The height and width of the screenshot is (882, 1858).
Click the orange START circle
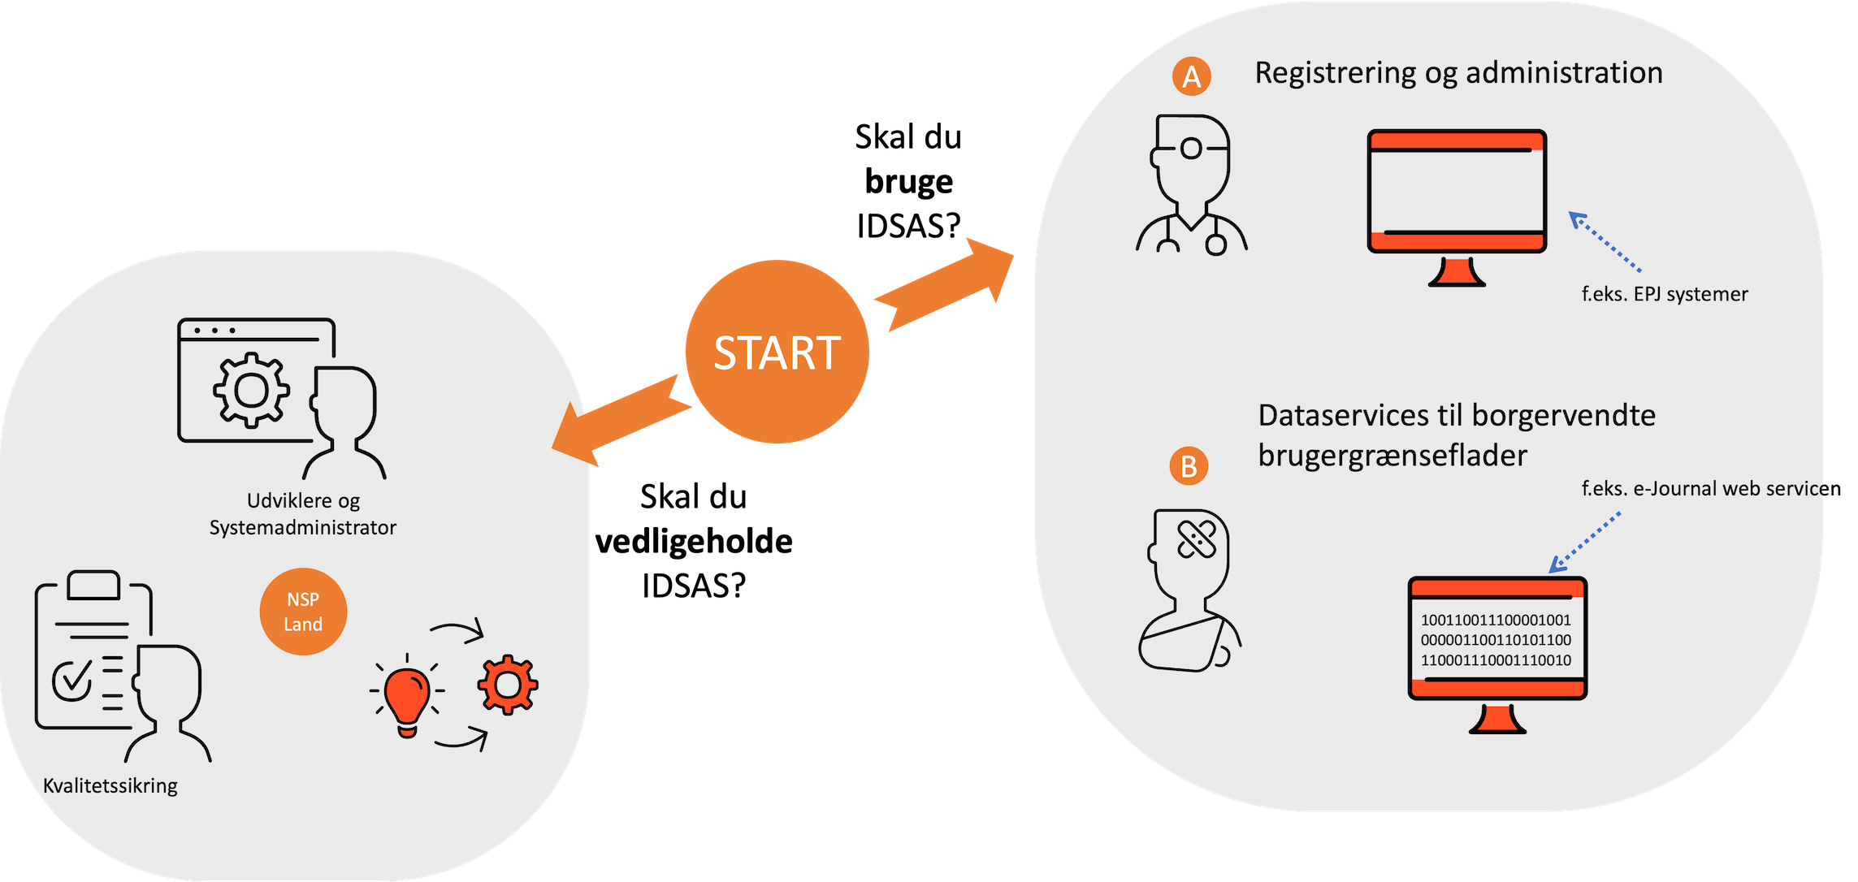pos(777,352)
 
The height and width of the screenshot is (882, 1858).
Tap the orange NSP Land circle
pos(303,612)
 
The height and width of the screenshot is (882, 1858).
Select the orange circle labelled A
pos(1191,76)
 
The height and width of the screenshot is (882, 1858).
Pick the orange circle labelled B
pos(1189,466)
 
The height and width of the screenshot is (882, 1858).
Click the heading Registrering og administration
pos(1458,73)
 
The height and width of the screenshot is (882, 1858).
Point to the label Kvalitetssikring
pos(110,786)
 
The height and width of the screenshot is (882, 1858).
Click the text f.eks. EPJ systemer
pos(1664,294)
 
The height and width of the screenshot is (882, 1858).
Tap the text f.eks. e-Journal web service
pos(1703,488)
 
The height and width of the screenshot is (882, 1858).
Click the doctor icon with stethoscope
pos(1191,185)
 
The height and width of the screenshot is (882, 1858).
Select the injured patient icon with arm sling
pos(1189,590)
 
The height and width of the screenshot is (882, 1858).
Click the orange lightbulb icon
pos(407,699)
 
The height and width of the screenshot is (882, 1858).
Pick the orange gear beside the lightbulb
pos(508,685)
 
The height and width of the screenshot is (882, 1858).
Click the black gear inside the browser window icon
pos(251,391)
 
